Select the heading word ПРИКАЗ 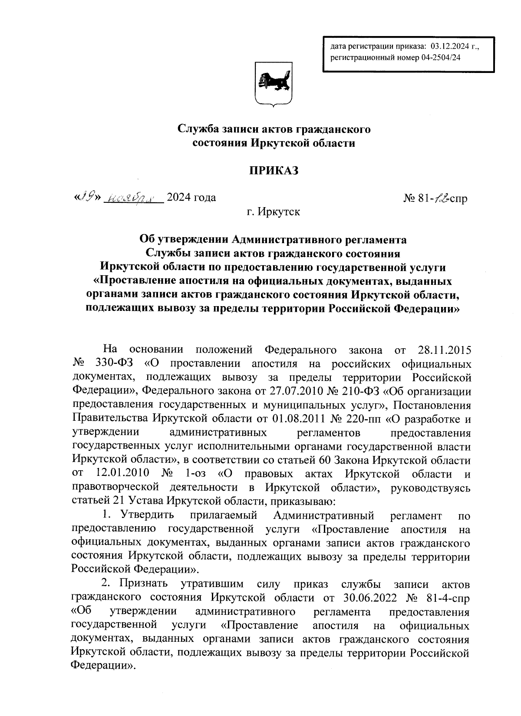(x=274, y=171)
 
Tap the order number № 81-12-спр (x=436, y=198)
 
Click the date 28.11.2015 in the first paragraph (x=444, y=350)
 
